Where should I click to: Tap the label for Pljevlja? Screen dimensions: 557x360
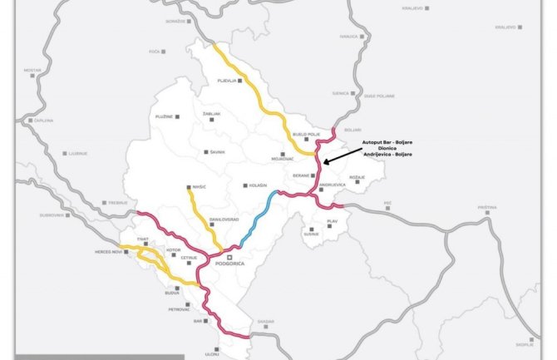click(x=227, y=81)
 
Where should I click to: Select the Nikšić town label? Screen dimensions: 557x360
click(x=198, y=188)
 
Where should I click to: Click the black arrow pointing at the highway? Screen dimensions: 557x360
click(x=341, y=153)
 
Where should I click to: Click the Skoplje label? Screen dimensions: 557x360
click(x=525, y=343)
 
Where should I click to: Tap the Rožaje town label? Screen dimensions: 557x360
click(x=356, y=176)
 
